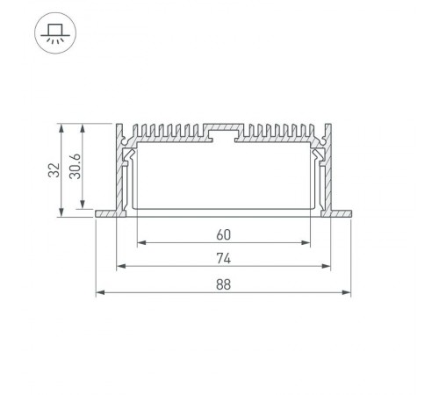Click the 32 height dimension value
pos(54,170)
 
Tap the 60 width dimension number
pos(223,234)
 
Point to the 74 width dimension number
pos(223,258)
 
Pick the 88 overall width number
pos(223,284)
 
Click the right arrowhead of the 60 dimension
pos(308,242)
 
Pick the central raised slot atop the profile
pos(223,133)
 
